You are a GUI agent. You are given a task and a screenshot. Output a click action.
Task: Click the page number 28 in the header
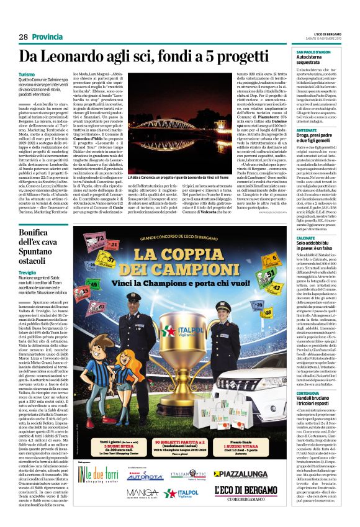(x=24, y=37)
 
